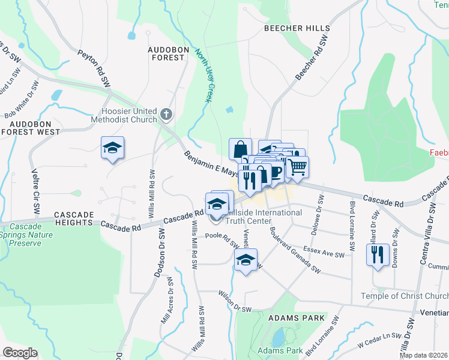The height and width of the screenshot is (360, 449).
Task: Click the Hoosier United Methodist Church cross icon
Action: [166, 113]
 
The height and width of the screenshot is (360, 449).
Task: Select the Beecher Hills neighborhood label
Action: [297, 28]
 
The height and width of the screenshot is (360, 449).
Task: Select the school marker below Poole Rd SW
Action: [245, 260]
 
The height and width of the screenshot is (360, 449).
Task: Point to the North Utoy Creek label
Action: [202, 75]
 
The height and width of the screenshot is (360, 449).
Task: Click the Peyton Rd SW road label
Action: [95, 66]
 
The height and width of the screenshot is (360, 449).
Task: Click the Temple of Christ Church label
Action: [405, 296]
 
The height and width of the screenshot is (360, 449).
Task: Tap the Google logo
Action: [20, 353]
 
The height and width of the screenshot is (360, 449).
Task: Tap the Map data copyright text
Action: [424, 355]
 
